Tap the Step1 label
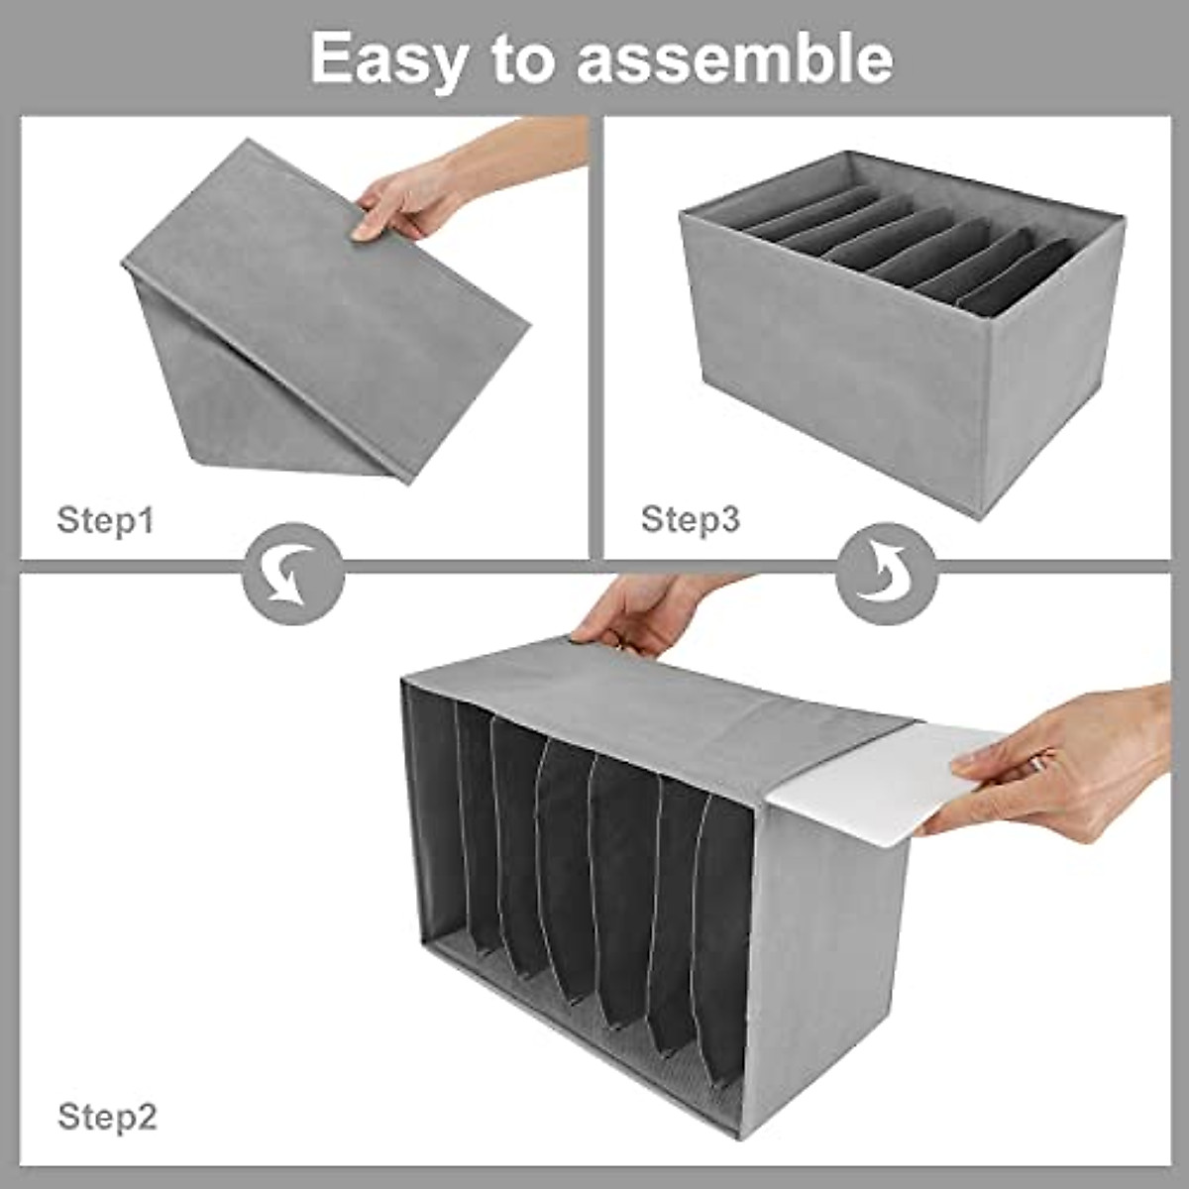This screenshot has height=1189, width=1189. coord(106,519)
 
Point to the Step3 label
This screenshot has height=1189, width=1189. coord(691,518)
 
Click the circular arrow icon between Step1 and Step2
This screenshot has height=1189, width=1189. coord(293,574)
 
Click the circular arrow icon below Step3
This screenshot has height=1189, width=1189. coord(886,574)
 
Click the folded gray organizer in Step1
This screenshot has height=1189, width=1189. coord(317,317)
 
